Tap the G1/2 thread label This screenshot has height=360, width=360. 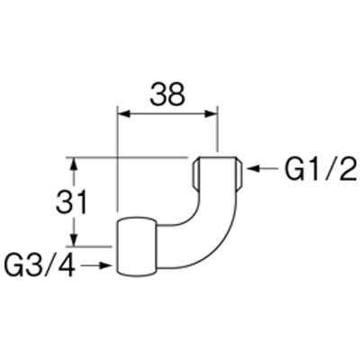pos(319,169)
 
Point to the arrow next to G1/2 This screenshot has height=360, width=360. pos(262,169)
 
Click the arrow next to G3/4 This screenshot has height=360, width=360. pos(95,265)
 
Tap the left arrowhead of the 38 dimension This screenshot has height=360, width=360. pos(124,114)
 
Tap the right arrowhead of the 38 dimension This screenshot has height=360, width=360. pos(210,114)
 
